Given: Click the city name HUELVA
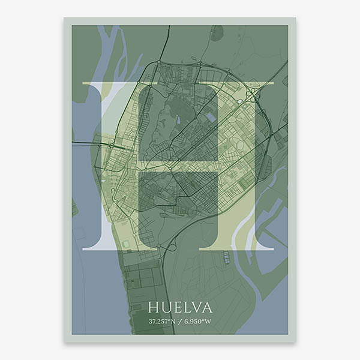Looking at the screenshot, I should pos(180,308).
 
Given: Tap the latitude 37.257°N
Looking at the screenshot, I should pos(163,322).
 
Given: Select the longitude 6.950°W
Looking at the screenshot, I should pos(199,322).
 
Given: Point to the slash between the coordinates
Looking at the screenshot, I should pos(181,322).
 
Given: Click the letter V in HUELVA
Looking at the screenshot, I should pos(194,308).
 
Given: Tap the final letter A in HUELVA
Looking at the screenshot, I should pos(206,308).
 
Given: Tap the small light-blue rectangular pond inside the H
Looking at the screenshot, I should pos(211,118).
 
